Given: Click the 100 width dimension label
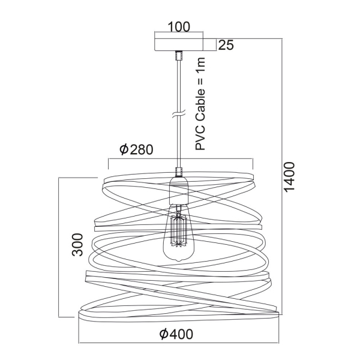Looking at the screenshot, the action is tap(179, 26).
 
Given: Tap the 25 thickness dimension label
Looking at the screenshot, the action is tap(226, 45).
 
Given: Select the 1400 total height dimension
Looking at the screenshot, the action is tap(289, 176).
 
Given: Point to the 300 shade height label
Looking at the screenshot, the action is tap(77, 245).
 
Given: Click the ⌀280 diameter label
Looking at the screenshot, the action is tap(136, 149).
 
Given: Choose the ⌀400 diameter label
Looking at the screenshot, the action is tap(176, 334).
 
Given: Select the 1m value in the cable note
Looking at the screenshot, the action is tap(200, 65).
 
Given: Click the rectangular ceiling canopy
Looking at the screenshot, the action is tap(179, 44).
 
